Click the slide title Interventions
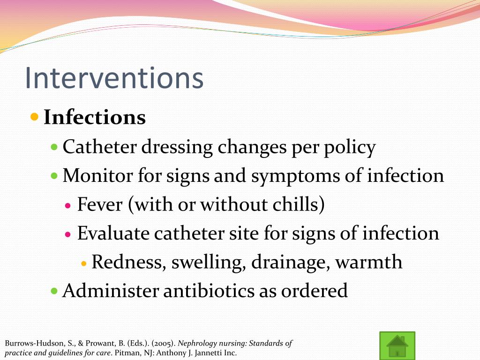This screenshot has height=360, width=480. tap(114, 78)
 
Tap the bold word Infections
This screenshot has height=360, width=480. tap(95, 117)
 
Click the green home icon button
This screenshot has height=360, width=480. tap(397, 345)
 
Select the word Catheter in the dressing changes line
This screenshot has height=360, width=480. tap(95, 147)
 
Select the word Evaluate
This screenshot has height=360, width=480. tap(113, 233)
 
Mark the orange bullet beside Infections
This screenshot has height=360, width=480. tap(34, 116)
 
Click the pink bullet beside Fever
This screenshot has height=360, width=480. tap(68, 205)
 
